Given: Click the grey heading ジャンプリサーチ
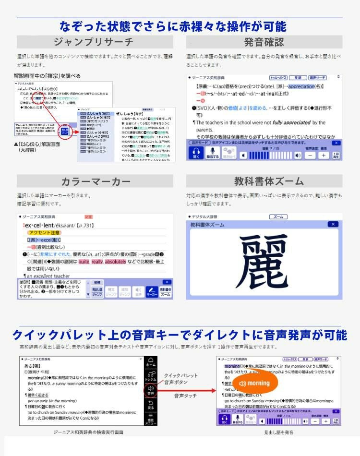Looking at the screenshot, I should pos(94,42).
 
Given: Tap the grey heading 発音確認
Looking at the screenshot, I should pos(264,42).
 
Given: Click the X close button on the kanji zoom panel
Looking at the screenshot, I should pos(333,224).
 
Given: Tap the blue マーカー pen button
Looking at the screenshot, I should pos(152,291).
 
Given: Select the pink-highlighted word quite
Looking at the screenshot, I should pos(84,262).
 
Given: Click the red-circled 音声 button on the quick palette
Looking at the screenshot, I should pos(151,390).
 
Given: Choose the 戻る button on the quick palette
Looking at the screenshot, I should pos(151,404).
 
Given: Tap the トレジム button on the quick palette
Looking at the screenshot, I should pos(151,376).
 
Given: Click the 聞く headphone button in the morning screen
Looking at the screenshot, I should pos(224,420).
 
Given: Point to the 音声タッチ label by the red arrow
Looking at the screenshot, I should pos(185,396).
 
